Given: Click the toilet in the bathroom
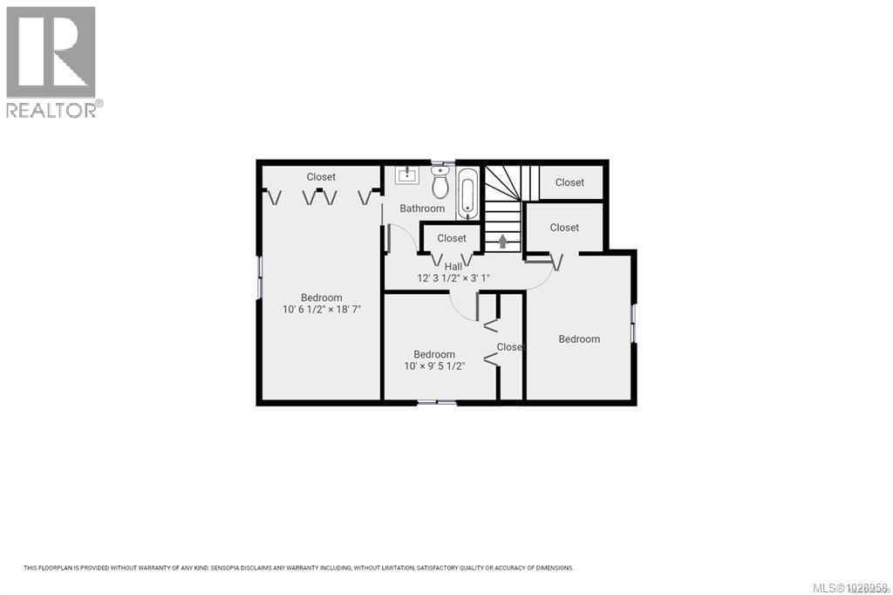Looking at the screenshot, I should pyautogui.click(x=440, y=183).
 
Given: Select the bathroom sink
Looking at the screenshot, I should pyautogui.click(x=407, y=175).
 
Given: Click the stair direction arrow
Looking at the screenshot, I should pyautogui.click(x=502, y=240).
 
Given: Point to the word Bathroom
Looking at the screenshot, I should pyautogui.click(x=422, y=209).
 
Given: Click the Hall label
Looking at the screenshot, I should pyautogui.click(x=453, y=267).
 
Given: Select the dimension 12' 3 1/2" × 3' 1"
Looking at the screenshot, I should pyautogui.click(x=453, y=279).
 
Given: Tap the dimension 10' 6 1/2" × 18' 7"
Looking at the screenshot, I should pyautogui.click(x=322, y=310).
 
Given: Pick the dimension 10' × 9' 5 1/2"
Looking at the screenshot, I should pyautogui.click(x=434, y=366).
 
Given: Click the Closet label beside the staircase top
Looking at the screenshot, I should pyautogui.click(x=569, y=182).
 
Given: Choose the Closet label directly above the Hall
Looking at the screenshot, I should pyautogui.click(x=452, y=238).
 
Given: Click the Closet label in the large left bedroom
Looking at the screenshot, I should pyautogui.click(x=321, y=177).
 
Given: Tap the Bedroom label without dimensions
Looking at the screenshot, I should pyautogui.click(x=579, y=339).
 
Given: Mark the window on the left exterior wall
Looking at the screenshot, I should pyautogui.click(x=259, y=277).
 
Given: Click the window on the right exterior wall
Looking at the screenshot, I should pyautogui.click(x=634, y=323).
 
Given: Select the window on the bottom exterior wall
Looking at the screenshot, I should pyautogui.click(x=436, y=402).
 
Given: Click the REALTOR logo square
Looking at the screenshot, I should pyautogui.click(x=51, y=51).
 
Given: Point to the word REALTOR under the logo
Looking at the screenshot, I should pyautogui.click(x=52, y=110).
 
